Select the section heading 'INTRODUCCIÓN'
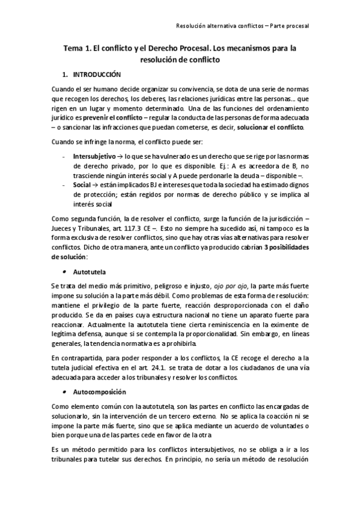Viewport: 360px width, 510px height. [97, 75]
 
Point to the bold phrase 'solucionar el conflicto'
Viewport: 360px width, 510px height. [270, 128]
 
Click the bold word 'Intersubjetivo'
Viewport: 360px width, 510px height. [94, 155]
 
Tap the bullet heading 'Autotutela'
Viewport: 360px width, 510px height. [88, 272]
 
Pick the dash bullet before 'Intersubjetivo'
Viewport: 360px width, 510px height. [63, 155]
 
